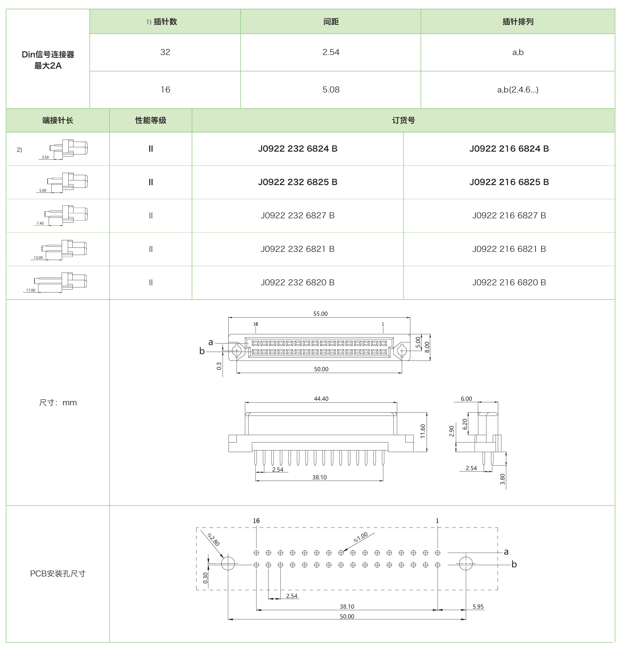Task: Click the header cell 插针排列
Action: point(517,22)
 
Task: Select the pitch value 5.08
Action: point(331,90)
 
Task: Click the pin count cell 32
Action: point(165,52)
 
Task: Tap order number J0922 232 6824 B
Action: point(297,149)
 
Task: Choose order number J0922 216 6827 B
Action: point(509,216)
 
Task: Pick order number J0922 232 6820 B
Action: point(297,283)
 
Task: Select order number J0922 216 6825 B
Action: point(509,182)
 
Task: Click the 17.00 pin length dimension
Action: point(31,290)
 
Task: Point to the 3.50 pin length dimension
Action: point(45,157)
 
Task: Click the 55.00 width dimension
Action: point(320,314)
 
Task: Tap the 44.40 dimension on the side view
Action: point(321,399)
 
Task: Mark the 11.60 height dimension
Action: point(423,431)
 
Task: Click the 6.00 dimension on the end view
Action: point(466,399)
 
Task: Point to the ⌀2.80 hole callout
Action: point(213,540)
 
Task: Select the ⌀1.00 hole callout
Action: point(360,537)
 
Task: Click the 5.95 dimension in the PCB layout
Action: point(478,607)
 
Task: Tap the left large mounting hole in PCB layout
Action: point(228,564)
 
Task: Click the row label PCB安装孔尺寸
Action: point(58,574)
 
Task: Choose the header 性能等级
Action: point(151,120)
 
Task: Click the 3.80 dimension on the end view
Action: point(502,479)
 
